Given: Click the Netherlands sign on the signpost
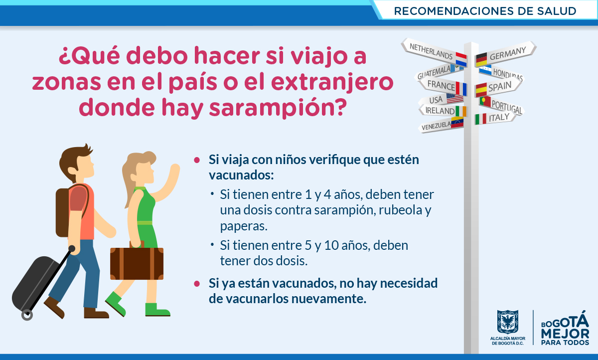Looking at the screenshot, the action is pyautogui.click(x=435, y=52).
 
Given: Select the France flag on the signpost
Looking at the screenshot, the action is pyautogui.click(x=461, y=88).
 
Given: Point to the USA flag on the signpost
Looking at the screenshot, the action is pyautogui.click(x=454, y=98).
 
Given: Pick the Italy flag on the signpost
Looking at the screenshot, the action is pyautogui.click(x=480, y=119).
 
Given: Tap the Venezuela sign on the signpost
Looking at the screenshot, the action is pyautogui.click(x=441, y=125).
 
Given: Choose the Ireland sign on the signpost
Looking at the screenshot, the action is pyautogui.click(x=443, y=110).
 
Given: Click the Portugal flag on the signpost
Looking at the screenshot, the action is pyautogui.click(x=485, y=102).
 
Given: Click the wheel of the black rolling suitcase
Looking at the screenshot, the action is pyautogui.click(x=27, y=315).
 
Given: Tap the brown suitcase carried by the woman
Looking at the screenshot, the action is pyautogui.click(x=137, y=263).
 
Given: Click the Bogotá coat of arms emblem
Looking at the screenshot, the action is pyautogui.click(x=507, y=322).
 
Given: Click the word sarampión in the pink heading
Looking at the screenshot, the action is pyautogui.click(x=278, y=108).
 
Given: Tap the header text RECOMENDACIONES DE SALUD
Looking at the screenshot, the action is pyautogui.click(x=485, y=11).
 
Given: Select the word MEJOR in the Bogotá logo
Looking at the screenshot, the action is pyautogui.click(x=565, y=334).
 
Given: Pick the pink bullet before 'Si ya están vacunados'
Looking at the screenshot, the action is pyautogui.click(x=197, y=284).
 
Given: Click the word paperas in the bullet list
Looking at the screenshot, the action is pyautogui.click(x=244, y=226).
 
